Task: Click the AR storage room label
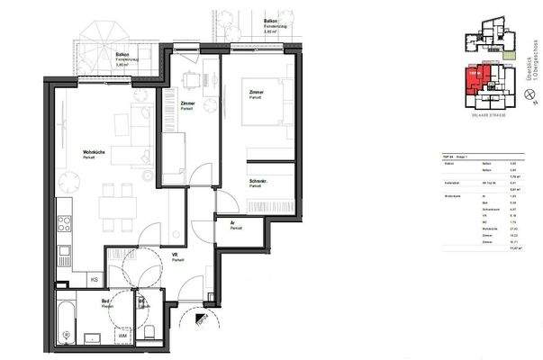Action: click(x=232, y=221)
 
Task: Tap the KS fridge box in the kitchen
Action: click(x=95, y=281)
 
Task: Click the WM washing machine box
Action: click(x=122, y=336)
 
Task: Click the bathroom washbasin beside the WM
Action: click(x=93, y=337)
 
